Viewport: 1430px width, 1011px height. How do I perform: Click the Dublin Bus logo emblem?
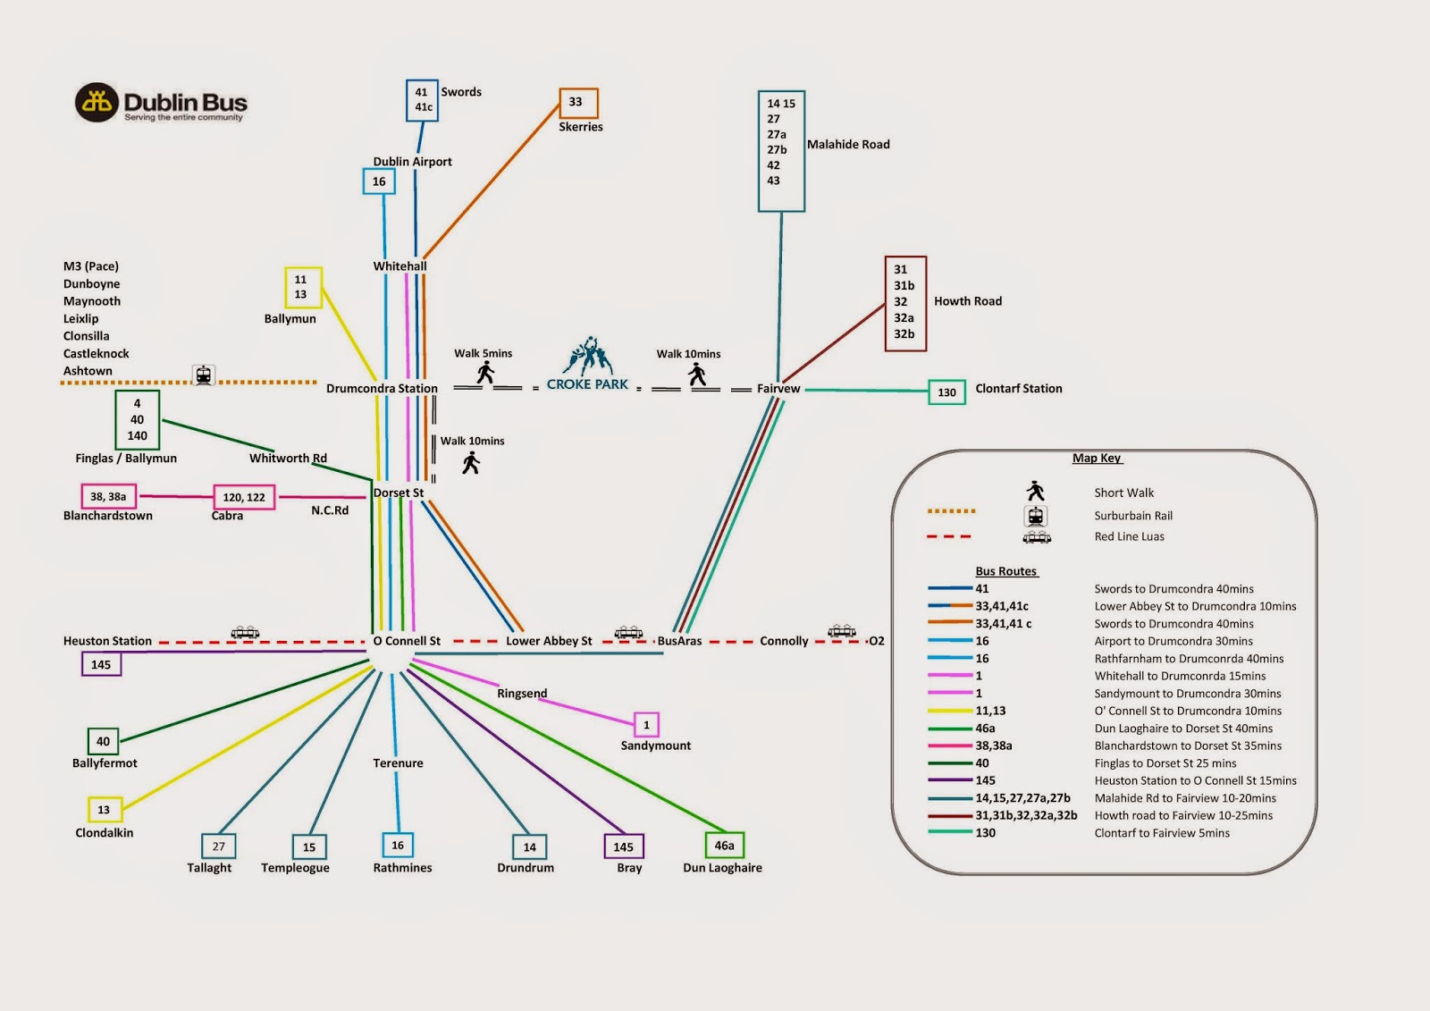(97, 103)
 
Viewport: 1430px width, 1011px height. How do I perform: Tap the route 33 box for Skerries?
(578, 103)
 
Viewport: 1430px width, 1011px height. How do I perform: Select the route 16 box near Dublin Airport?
(379, 181)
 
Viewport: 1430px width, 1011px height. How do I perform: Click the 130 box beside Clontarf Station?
(946, 392)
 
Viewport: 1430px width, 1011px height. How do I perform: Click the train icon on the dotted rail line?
(204, 375)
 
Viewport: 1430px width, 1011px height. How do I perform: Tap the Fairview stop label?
(778, 389)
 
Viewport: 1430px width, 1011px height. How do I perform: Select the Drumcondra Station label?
(382, 389)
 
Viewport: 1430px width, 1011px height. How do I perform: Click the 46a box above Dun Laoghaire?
(724, 846)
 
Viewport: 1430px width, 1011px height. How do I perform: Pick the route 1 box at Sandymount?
(646, 725)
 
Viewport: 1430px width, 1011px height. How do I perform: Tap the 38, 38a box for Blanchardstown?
(108, 497)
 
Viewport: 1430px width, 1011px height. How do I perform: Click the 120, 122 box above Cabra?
(244, 497)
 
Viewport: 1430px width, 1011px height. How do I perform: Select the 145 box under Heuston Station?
(101, 664)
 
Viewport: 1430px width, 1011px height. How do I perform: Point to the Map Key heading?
(1097, 459)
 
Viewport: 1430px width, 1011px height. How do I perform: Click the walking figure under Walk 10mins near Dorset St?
(471, 462)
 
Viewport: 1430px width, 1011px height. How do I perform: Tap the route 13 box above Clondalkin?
(104, 810)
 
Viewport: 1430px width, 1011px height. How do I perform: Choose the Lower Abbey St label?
(549, 641)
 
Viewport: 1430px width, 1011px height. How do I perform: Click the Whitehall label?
(400, 266)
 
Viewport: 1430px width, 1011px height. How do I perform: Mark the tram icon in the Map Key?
(1037, 537)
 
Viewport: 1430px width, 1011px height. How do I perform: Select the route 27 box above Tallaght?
(219, 846)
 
